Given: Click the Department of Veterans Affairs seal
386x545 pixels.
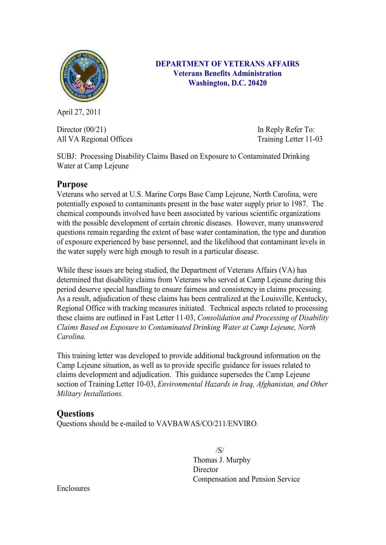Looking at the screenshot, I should tap(84, 76).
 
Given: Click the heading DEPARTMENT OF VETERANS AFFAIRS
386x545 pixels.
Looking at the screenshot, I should tap(227, 64).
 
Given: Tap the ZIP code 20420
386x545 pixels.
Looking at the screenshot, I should tap(257, 83).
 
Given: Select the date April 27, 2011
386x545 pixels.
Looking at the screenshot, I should tap(79, 112).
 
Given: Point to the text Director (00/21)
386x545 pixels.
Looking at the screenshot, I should tap(81, 130).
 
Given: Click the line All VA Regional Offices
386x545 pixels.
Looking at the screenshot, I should tap(95, 139).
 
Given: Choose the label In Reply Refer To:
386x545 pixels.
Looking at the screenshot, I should tap(286, 130).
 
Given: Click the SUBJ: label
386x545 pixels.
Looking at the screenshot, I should tap(67, 157).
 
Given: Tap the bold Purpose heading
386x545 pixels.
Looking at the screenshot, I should tap(72, 184).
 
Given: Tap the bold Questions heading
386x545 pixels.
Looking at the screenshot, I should tap(75, 414).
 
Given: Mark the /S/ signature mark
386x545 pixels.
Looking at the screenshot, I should tap(220, 451).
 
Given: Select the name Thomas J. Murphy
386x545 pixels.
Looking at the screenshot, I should tap(222, 460).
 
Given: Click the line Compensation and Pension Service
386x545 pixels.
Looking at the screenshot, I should tap(246, 479).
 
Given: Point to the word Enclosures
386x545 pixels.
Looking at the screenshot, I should tap(73, 489).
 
